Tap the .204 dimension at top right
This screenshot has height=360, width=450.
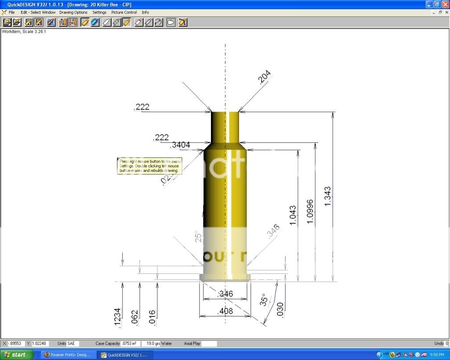(x=265, y=77)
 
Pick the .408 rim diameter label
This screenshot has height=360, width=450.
(x=225, y=311)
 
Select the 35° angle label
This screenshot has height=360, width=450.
(x=264, y=300)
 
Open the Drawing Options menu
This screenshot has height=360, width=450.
(x=73, y=12)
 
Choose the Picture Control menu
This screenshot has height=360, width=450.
(x=124, y=12)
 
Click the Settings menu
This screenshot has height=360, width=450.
(x=99, y=12)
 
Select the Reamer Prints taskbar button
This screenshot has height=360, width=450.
(x=68, y=355)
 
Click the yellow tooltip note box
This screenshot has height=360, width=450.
(x=149, y=166)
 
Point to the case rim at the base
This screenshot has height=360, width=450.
(x=225, y=277)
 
